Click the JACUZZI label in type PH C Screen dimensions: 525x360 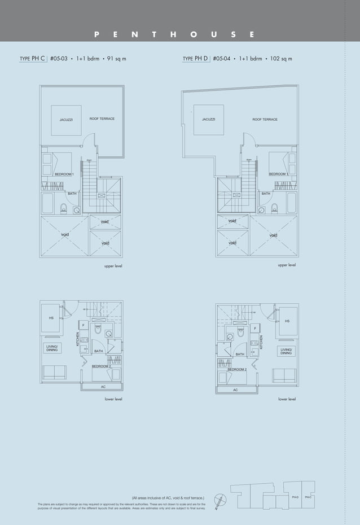click(x=66, y=120)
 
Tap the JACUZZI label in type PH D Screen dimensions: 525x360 click(x=208, y=120)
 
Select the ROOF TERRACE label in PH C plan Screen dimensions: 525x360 click(x=102, y=119)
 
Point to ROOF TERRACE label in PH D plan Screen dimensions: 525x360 click(x=265, y=120)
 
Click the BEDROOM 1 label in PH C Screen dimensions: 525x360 click(x=64, y=174)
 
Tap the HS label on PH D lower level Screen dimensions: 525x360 click(x=287, y=322)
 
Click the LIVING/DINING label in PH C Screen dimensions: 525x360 click(x=52, y=348)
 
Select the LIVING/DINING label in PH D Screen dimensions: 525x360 click(x=286, y=351)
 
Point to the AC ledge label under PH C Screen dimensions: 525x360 click(x=103, y=387)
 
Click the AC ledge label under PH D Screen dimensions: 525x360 click(x=235, y=390)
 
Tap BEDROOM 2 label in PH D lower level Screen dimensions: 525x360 click(x=237, y=369)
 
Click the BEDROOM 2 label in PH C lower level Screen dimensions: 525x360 click(x=101, y=366)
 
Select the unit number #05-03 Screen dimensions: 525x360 click(x=59, y=58)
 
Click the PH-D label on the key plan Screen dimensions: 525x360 click(x=295, y=497)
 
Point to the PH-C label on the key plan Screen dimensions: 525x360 click(x=308, y=497)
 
